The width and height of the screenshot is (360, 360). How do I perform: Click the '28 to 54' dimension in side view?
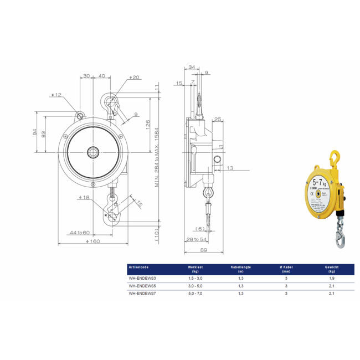[197, 239]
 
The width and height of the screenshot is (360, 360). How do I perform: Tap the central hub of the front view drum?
[92, 150]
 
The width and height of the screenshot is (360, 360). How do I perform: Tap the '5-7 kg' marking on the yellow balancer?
[319, 181]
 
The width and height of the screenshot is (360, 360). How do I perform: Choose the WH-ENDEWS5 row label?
[141, 286]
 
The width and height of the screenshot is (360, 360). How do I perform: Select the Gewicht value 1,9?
[331, 279]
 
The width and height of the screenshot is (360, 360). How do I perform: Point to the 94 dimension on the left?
[34, 132]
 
